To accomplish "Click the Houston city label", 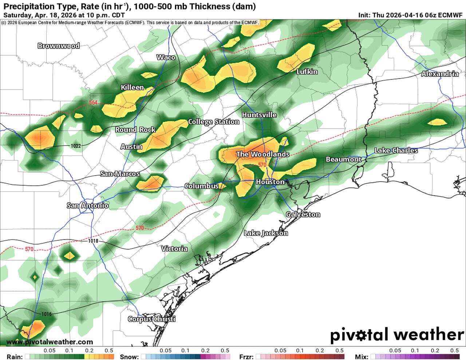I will click(x=270, y=182).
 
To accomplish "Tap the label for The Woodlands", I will click(x=262, y=154).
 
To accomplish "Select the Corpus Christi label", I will click(x=151, y=319).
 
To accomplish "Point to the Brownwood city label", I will click(x=59, y=46).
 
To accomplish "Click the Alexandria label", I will click(x=440, y=74).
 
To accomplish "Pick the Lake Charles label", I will click(x=396, y=150).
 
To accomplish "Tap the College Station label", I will click(x=213, y=122).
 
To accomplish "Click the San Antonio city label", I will click(x=87, y=206).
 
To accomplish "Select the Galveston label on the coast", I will click(x=303, y=214).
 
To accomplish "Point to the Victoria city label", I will click(x=174, y=249).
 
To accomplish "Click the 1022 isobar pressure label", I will click(x=76, y=146).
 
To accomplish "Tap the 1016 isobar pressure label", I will click(x=47, y=314).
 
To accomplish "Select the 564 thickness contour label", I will click(x=93, y=103).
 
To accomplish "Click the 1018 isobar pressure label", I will click(x=93, y=241).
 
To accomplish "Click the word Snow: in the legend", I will click(x=129, y=357).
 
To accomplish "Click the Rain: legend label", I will click(x=15, y=357).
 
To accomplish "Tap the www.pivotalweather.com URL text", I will click(x=50, y=342).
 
